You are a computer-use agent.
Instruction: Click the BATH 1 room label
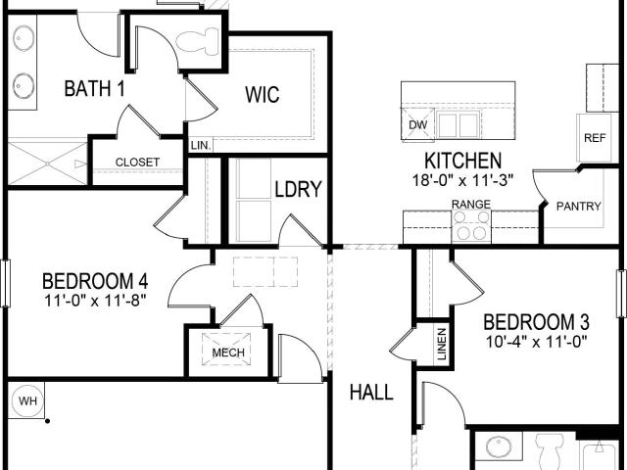[x=94, y=88]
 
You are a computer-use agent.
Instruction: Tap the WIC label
[x=263, y=95]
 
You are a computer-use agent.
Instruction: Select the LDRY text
[x=298, y=189]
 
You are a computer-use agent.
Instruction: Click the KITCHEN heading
[x=462, y=161]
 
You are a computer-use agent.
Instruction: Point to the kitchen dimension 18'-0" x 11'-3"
[x=462, y=180]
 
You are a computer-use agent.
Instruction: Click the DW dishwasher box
[x=417, y=124]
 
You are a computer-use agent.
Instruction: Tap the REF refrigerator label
[x=595, y=138]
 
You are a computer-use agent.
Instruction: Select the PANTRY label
[x=579, y=207]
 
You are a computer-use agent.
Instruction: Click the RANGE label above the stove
[x=470, y=205]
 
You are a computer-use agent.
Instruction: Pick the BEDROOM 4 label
[x=95, y=281]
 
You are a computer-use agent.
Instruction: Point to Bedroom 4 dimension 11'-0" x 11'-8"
[x=95, y=301]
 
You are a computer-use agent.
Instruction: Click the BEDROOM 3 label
[x=536, y=322]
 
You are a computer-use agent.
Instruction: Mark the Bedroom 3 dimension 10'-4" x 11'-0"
[x=536, y=342]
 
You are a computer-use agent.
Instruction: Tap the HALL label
[x=371, y=392]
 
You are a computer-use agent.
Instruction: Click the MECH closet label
[x=228, y=352]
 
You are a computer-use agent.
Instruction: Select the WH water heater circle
[x=27, y=400]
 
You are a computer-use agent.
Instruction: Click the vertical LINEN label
[x=442, y=344]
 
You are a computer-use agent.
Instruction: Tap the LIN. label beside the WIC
[x=201, y=146]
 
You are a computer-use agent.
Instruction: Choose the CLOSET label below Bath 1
[x=137, y=163]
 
